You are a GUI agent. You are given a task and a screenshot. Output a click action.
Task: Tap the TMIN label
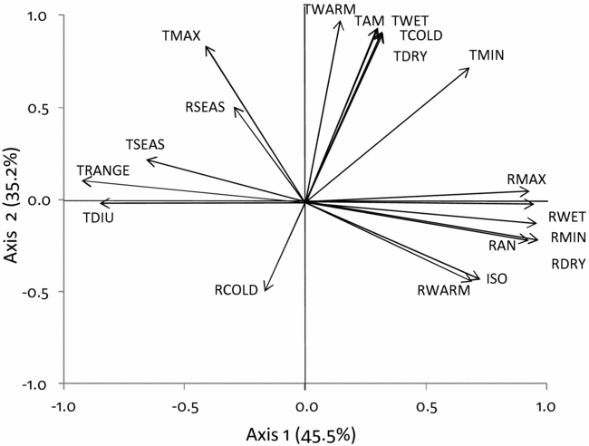487,56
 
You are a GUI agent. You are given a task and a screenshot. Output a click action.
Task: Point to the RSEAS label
205,107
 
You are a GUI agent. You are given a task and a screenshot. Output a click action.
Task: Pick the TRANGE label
103,170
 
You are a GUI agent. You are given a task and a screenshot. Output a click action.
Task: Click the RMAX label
527,179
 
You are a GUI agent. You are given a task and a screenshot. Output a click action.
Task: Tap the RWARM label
444,291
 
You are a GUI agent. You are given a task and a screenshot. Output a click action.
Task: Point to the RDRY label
570,265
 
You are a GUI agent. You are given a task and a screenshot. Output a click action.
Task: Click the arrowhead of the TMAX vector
208,48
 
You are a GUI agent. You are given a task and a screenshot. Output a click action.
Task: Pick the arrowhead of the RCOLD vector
266,290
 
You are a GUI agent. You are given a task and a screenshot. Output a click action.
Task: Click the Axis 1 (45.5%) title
304,432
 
